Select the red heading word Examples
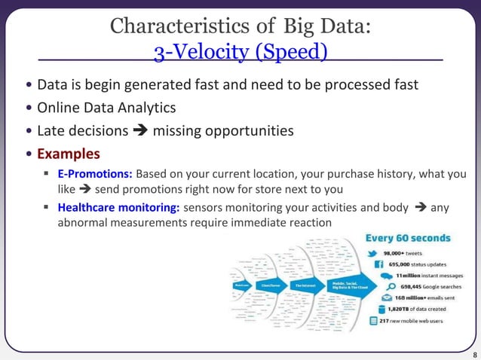69,154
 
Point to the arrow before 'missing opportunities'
140,131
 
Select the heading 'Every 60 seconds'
408,238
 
